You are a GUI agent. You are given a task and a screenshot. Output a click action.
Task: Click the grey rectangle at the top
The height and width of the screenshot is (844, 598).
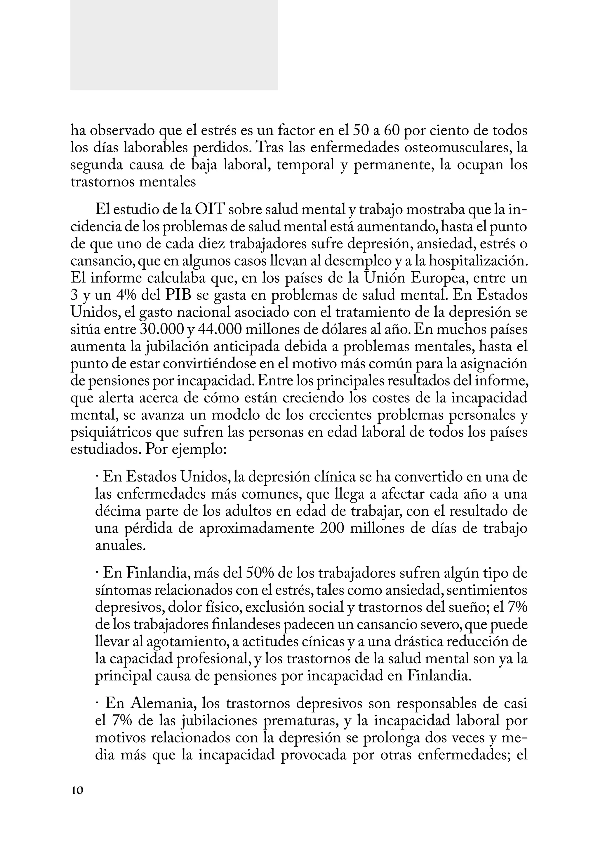pos(174,45)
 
